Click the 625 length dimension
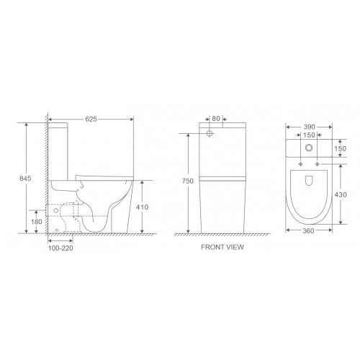click(91, 119)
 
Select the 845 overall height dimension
click(25, 179)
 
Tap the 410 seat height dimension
click(142, 207)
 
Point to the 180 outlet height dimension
click(37, 222)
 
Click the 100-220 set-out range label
click(60, 248)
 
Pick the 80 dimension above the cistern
click(216, 119)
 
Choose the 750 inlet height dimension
click(187, 181)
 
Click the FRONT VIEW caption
click(222, 247)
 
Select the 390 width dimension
click(309, 127)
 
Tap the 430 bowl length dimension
click(341, 194)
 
